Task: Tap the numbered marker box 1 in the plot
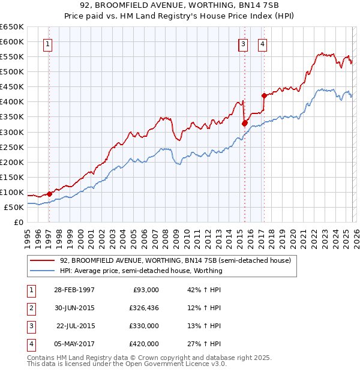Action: pyautogui.click(x=47, y=43)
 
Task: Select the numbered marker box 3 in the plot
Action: pyautogui.click(x=243, y=43)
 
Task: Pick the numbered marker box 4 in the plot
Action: pyautogui.click(x=263, y=43)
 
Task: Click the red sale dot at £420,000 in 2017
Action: pyautogui.click(x=264, y=95)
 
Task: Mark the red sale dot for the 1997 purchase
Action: pyautogui.click(x=49, y=194)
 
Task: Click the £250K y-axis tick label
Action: pyautogui.click(x=12, y=147)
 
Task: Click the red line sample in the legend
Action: pyautogui.click(x=43, y=261)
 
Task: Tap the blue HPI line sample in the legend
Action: pyautogui.click(x=43, y=271)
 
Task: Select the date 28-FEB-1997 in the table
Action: pyautogui.click(x=74, y=290)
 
